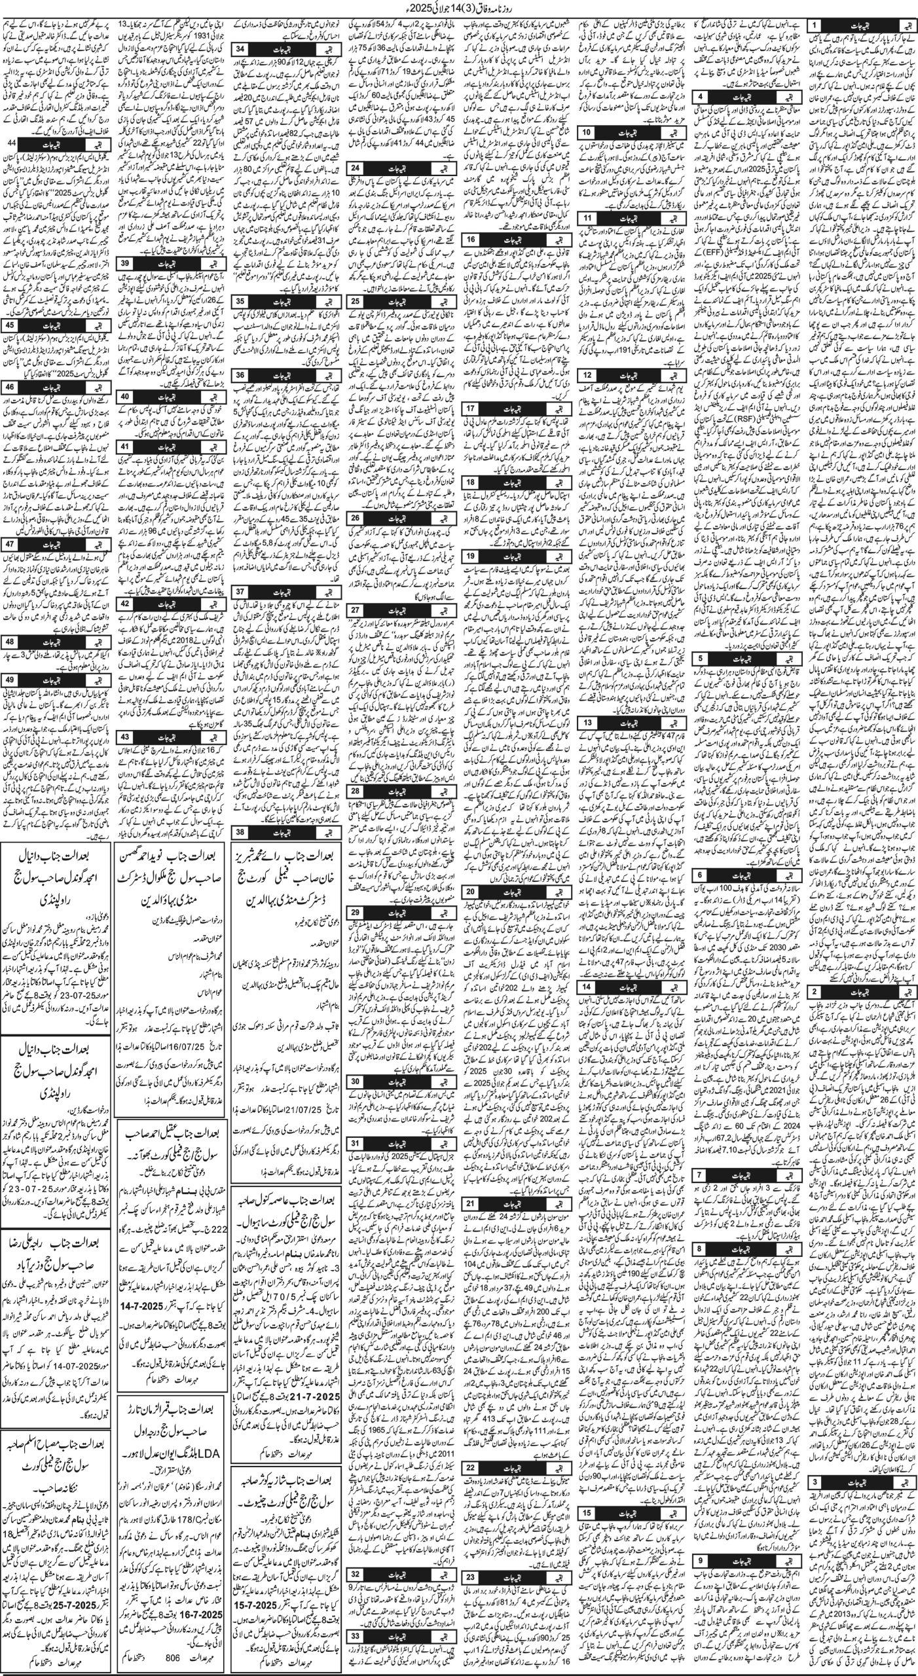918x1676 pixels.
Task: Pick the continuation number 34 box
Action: [x=241, y=50]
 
